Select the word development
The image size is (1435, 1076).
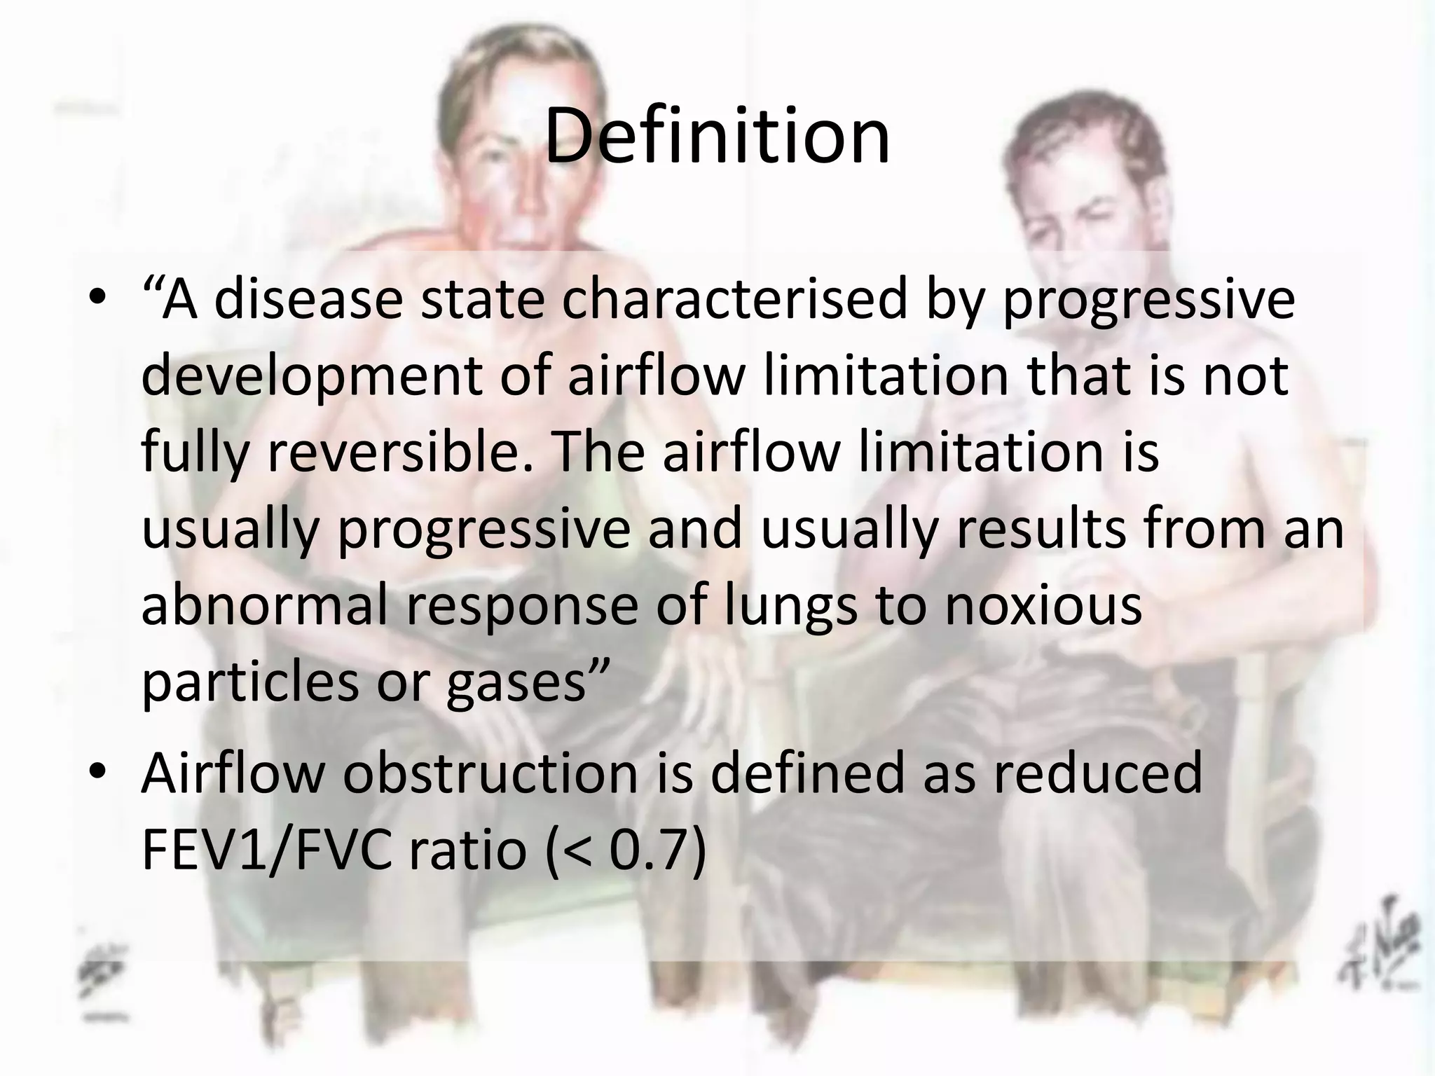point(311,377)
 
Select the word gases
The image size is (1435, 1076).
point(516,683)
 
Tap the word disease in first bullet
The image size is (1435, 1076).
point(308,300)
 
